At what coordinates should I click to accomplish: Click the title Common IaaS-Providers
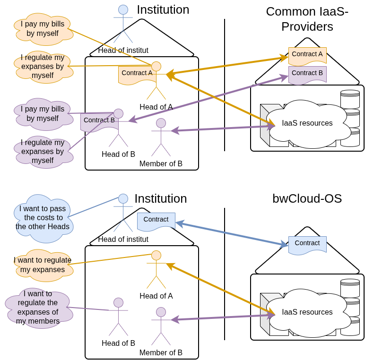coord(307,19)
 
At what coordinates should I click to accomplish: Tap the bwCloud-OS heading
coord(307,198)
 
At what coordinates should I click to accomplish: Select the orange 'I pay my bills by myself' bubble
coord(43,29)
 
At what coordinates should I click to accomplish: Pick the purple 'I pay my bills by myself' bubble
coord(43,114)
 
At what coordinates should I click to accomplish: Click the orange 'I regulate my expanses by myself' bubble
coord(43,67)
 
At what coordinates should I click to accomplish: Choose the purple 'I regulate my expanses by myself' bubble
coord(43,151)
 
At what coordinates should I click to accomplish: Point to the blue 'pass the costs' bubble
coord(43,217)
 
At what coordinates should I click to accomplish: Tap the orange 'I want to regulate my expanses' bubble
coord(43,265)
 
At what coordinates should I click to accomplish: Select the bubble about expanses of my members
coord(38,307)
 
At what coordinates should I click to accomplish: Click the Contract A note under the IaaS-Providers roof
coord(307,55)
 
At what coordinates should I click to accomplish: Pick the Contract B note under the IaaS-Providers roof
coord(307,74)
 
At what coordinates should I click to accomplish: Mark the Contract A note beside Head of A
coord(137,74)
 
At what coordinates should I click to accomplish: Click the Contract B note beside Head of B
coord(99,121)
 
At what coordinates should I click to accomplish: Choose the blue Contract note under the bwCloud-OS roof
coord(307,244)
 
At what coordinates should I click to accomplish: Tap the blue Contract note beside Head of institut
coord(156,221)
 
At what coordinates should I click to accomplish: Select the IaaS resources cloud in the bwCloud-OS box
coord(307,312)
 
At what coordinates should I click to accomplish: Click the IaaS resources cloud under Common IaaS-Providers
coord(307,123)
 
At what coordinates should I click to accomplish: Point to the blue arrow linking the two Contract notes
coord(232,234)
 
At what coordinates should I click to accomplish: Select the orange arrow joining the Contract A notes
coord(227,66)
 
